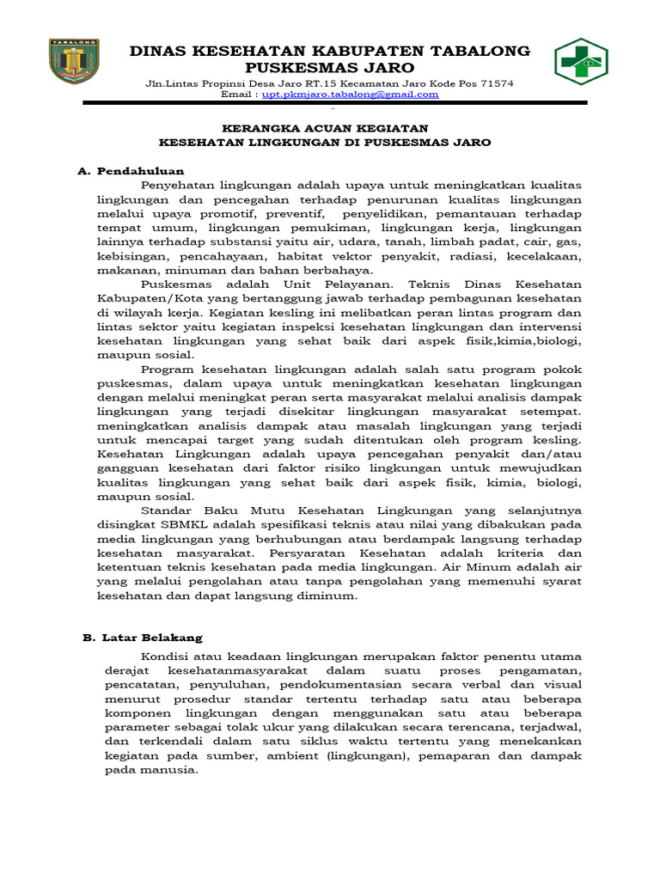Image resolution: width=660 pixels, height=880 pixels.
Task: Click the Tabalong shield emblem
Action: click(74, 61)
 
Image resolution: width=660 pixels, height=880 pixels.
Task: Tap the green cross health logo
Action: click(581, 63)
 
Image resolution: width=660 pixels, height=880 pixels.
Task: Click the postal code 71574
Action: click(494, 83)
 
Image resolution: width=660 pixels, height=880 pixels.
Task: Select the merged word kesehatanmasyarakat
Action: click(242, 669)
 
